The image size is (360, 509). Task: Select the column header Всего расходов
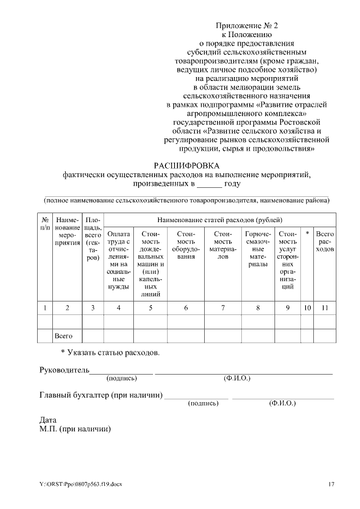(325, 241)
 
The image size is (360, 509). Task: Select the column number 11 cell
(325, 307)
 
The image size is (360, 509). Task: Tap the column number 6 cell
(186, 307)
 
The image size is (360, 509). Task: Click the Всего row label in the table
(63, 336)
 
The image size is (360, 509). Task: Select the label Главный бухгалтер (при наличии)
(101, 395)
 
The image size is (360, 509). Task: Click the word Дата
(48, 420)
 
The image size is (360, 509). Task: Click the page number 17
(331, 484)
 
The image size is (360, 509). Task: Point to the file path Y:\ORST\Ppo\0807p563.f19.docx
(80, 484)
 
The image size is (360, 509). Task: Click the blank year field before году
(209, 184)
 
